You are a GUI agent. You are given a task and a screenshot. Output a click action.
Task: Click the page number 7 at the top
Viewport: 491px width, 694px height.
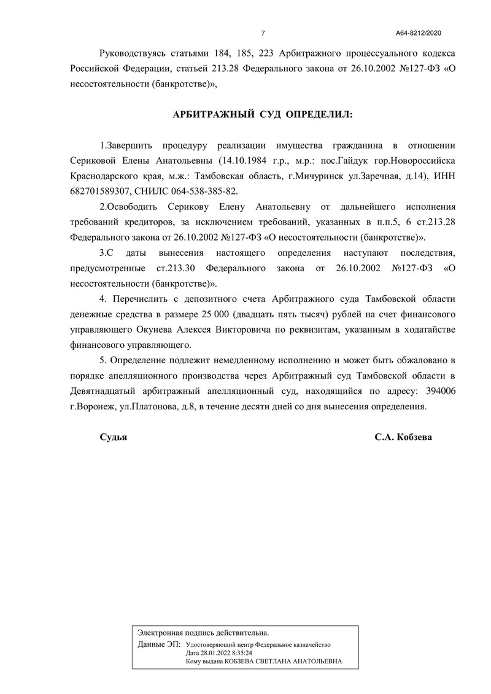point(263,33)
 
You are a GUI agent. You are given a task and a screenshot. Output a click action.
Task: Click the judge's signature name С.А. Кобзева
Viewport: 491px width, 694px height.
point(403,438)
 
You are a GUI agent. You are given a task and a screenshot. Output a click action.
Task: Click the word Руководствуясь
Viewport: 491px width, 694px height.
point(135,54)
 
